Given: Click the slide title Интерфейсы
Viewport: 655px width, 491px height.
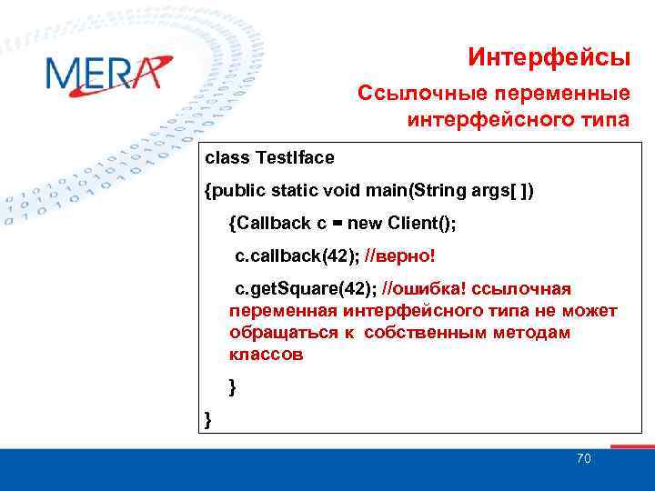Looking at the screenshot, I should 549,58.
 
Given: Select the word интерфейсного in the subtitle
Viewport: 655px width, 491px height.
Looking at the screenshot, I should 497,119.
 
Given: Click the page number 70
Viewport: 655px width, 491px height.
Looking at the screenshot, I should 583,458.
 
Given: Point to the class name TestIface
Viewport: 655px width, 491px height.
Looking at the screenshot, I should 296,158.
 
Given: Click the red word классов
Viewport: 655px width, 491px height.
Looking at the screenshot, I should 267,355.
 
